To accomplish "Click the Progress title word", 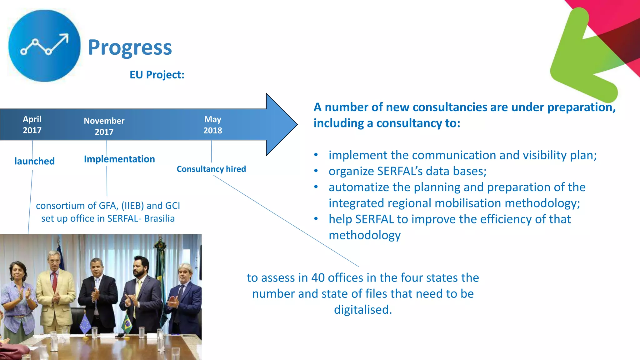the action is coord(130,47).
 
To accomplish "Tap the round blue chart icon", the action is coord(44,46).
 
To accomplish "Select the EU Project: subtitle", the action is coord(157,75).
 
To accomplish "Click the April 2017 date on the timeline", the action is coord(32,124).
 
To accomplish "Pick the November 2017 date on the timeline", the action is coord(104,126).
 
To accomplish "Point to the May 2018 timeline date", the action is coord(212,125).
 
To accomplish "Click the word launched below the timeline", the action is coord(34,161).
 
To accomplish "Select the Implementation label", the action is coord(119,159).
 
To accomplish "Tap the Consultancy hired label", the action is coord(211,169).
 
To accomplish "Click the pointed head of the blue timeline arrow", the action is coord(281,124).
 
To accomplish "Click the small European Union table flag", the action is coord(85,324).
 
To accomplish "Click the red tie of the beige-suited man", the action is coord(55,282).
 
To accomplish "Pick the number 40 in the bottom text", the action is coord(318,278).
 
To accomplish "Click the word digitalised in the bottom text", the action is coord(362,310).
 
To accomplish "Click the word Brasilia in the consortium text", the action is coord(159,218).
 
